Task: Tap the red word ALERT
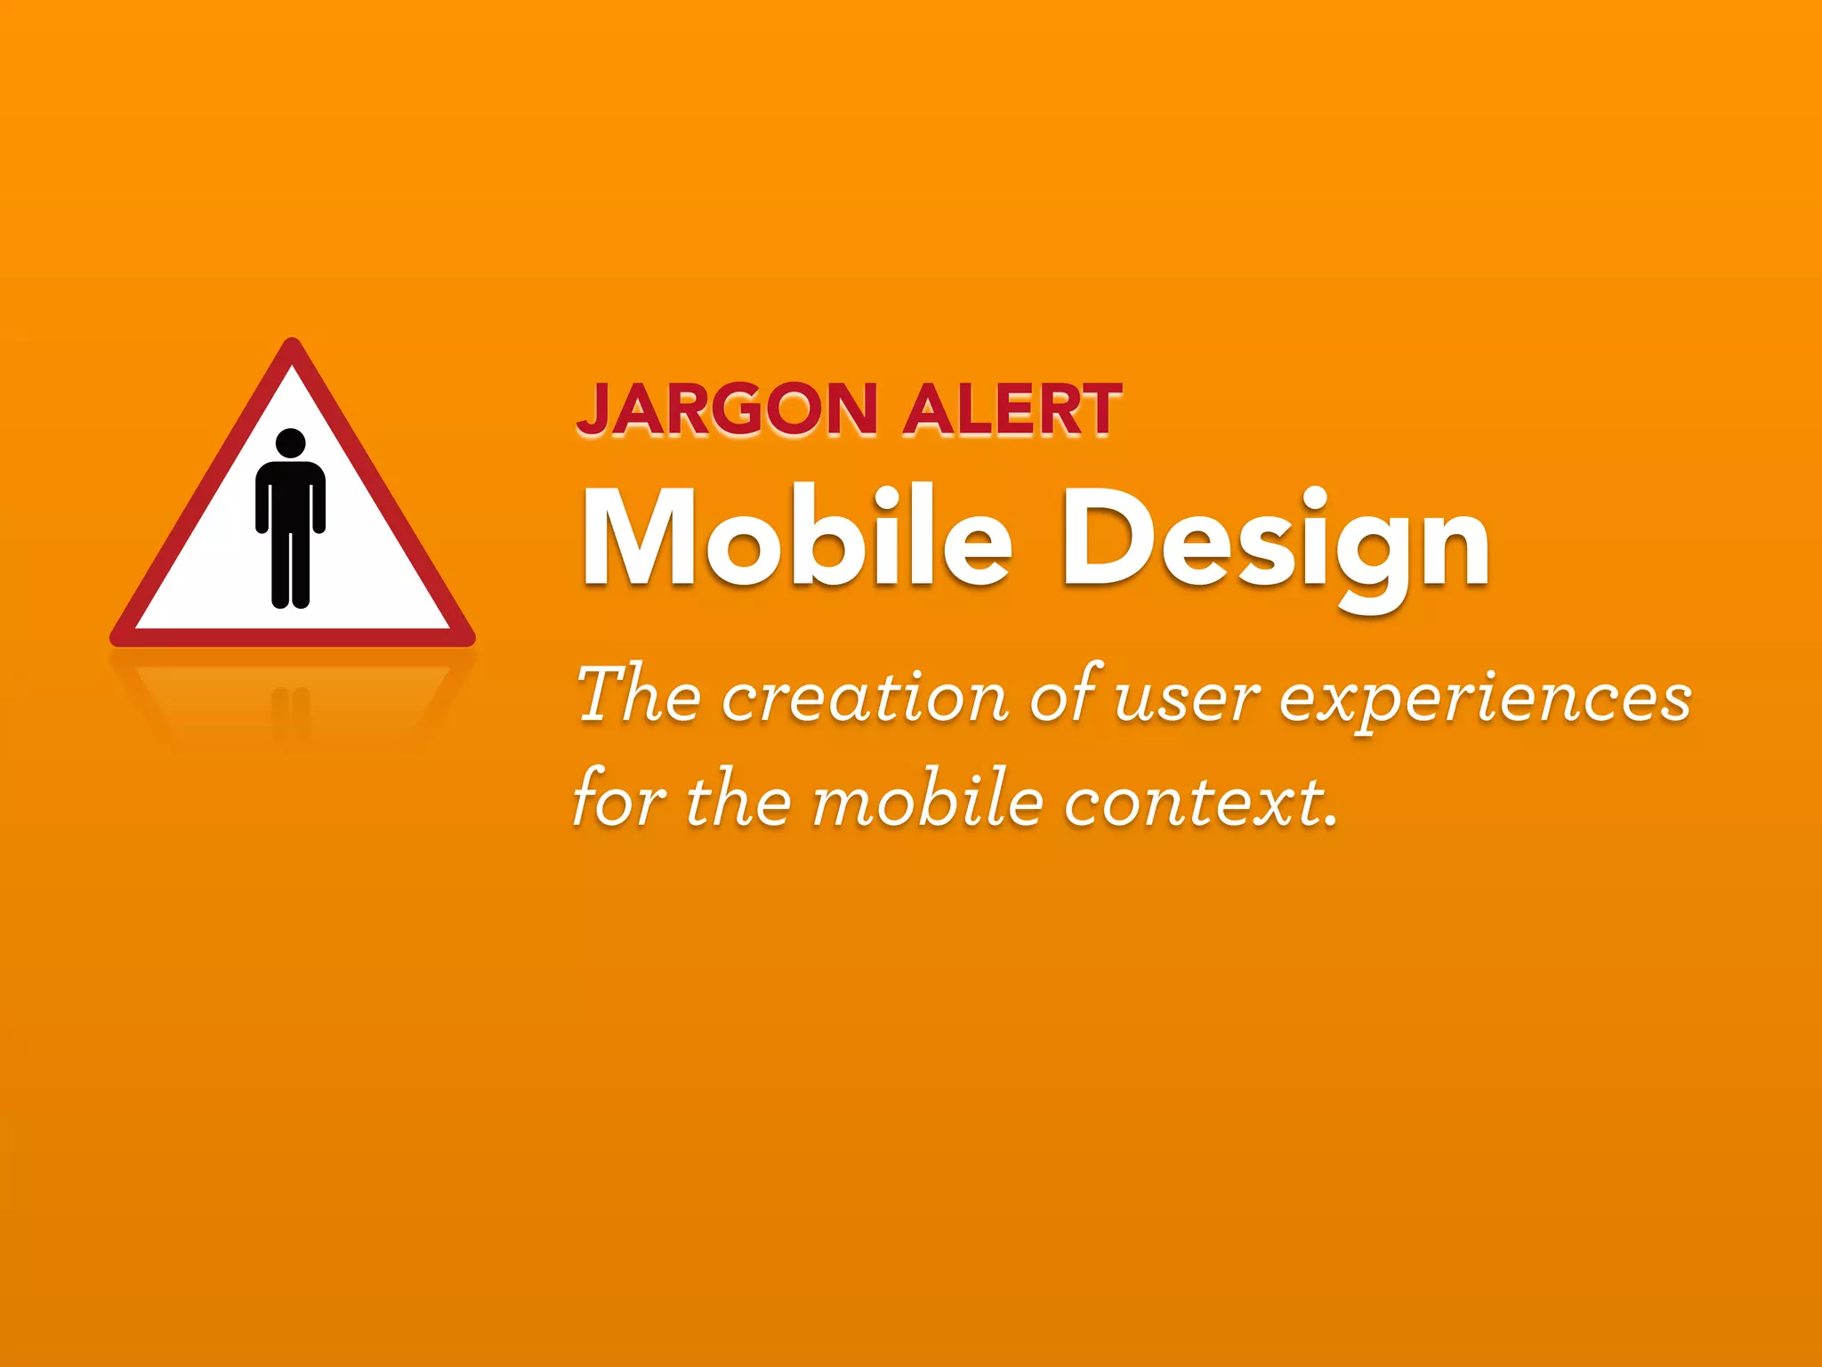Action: pyautogui.click(x=1012, y=410)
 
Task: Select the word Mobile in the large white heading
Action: pyautogui.click(x=797, y=539)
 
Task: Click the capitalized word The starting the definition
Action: pyautogui.click(x=638, y=694)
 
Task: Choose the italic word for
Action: pyautogui.click(x=620, y=799)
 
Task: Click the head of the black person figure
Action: pyautogui.click(x=291, y=443)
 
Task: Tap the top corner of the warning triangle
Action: pyautogui.click(x=292, y=344)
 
